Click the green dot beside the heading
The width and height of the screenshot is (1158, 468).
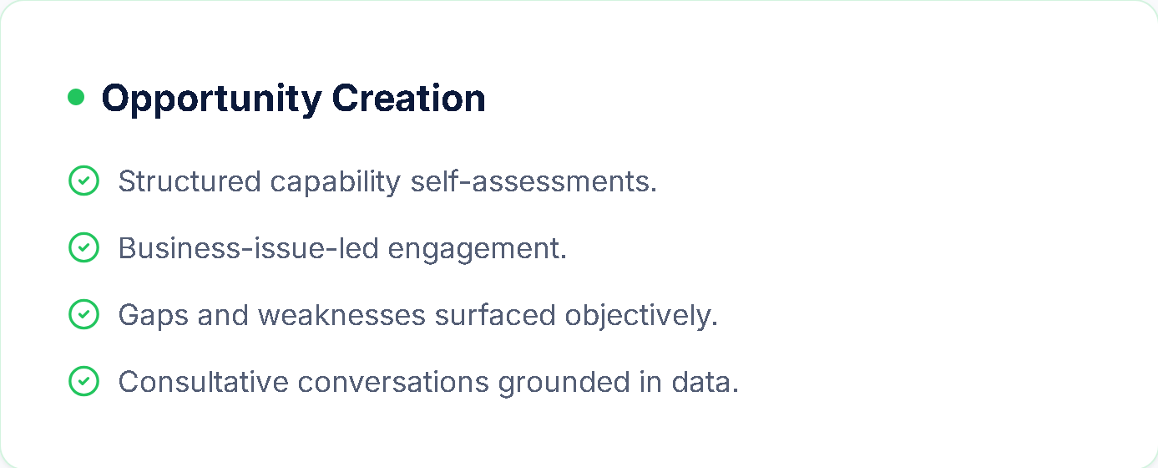tap(76, 97)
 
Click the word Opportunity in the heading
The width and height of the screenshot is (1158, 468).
tap(212, 99)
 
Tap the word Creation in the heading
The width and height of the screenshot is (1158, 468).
tap(408, 98)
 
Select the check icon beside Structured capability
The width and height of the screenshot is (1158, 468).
tap(83, 181)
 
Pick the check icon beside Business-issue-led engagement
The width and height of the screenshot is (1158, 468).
tap(83, 247)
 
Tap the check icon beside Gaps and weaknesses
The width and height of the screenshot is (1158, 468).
tap(83, 314)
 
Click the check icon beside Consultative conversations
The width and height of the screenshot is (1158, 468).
tap(83, 381)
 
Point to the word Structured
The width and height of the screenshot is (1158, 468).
tap(190, 181)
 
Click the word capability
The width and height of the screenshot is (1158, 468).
tap(335, 183)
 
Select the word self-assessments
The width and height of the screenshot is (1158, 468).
tap(533, 181)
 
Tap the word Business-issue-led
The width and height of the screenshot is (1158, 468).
tap(249, 247)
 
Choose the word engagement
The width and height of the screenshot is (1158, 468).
tap(478, 250)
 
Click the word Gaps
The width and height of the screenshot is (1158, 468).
tap(153, 316)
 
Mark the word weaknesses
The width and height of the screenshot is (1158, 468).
tap(341, 314)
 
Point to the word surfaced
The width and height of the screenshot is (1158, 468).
tap(495, 314)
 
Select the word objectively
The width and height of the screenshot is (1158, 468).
tap(641, 316)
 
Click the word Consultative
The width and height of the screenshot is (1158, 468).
tap(203, 382)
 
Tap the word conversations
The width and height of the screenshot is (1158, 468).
tap(393, 383)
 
